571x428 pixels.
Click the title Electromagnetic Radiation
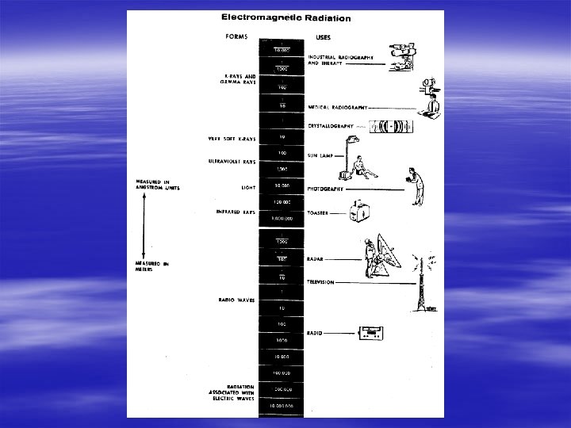coord(285,17)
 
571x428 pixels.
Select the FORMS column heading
coord(236,36)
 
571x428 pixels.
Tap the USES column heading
coord(324,36)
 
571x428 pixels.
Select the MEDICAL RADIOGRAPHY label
coord(338,106)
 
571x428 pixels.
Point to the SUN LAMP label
coord(319,155)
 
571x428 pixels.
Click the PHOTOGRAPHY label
coord(325,189)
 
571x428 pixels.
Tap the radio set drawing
coord(371,333)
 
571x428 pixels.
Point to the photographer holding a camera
coord(414,186)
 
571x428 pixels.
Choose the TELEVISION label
coord(320,282)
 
